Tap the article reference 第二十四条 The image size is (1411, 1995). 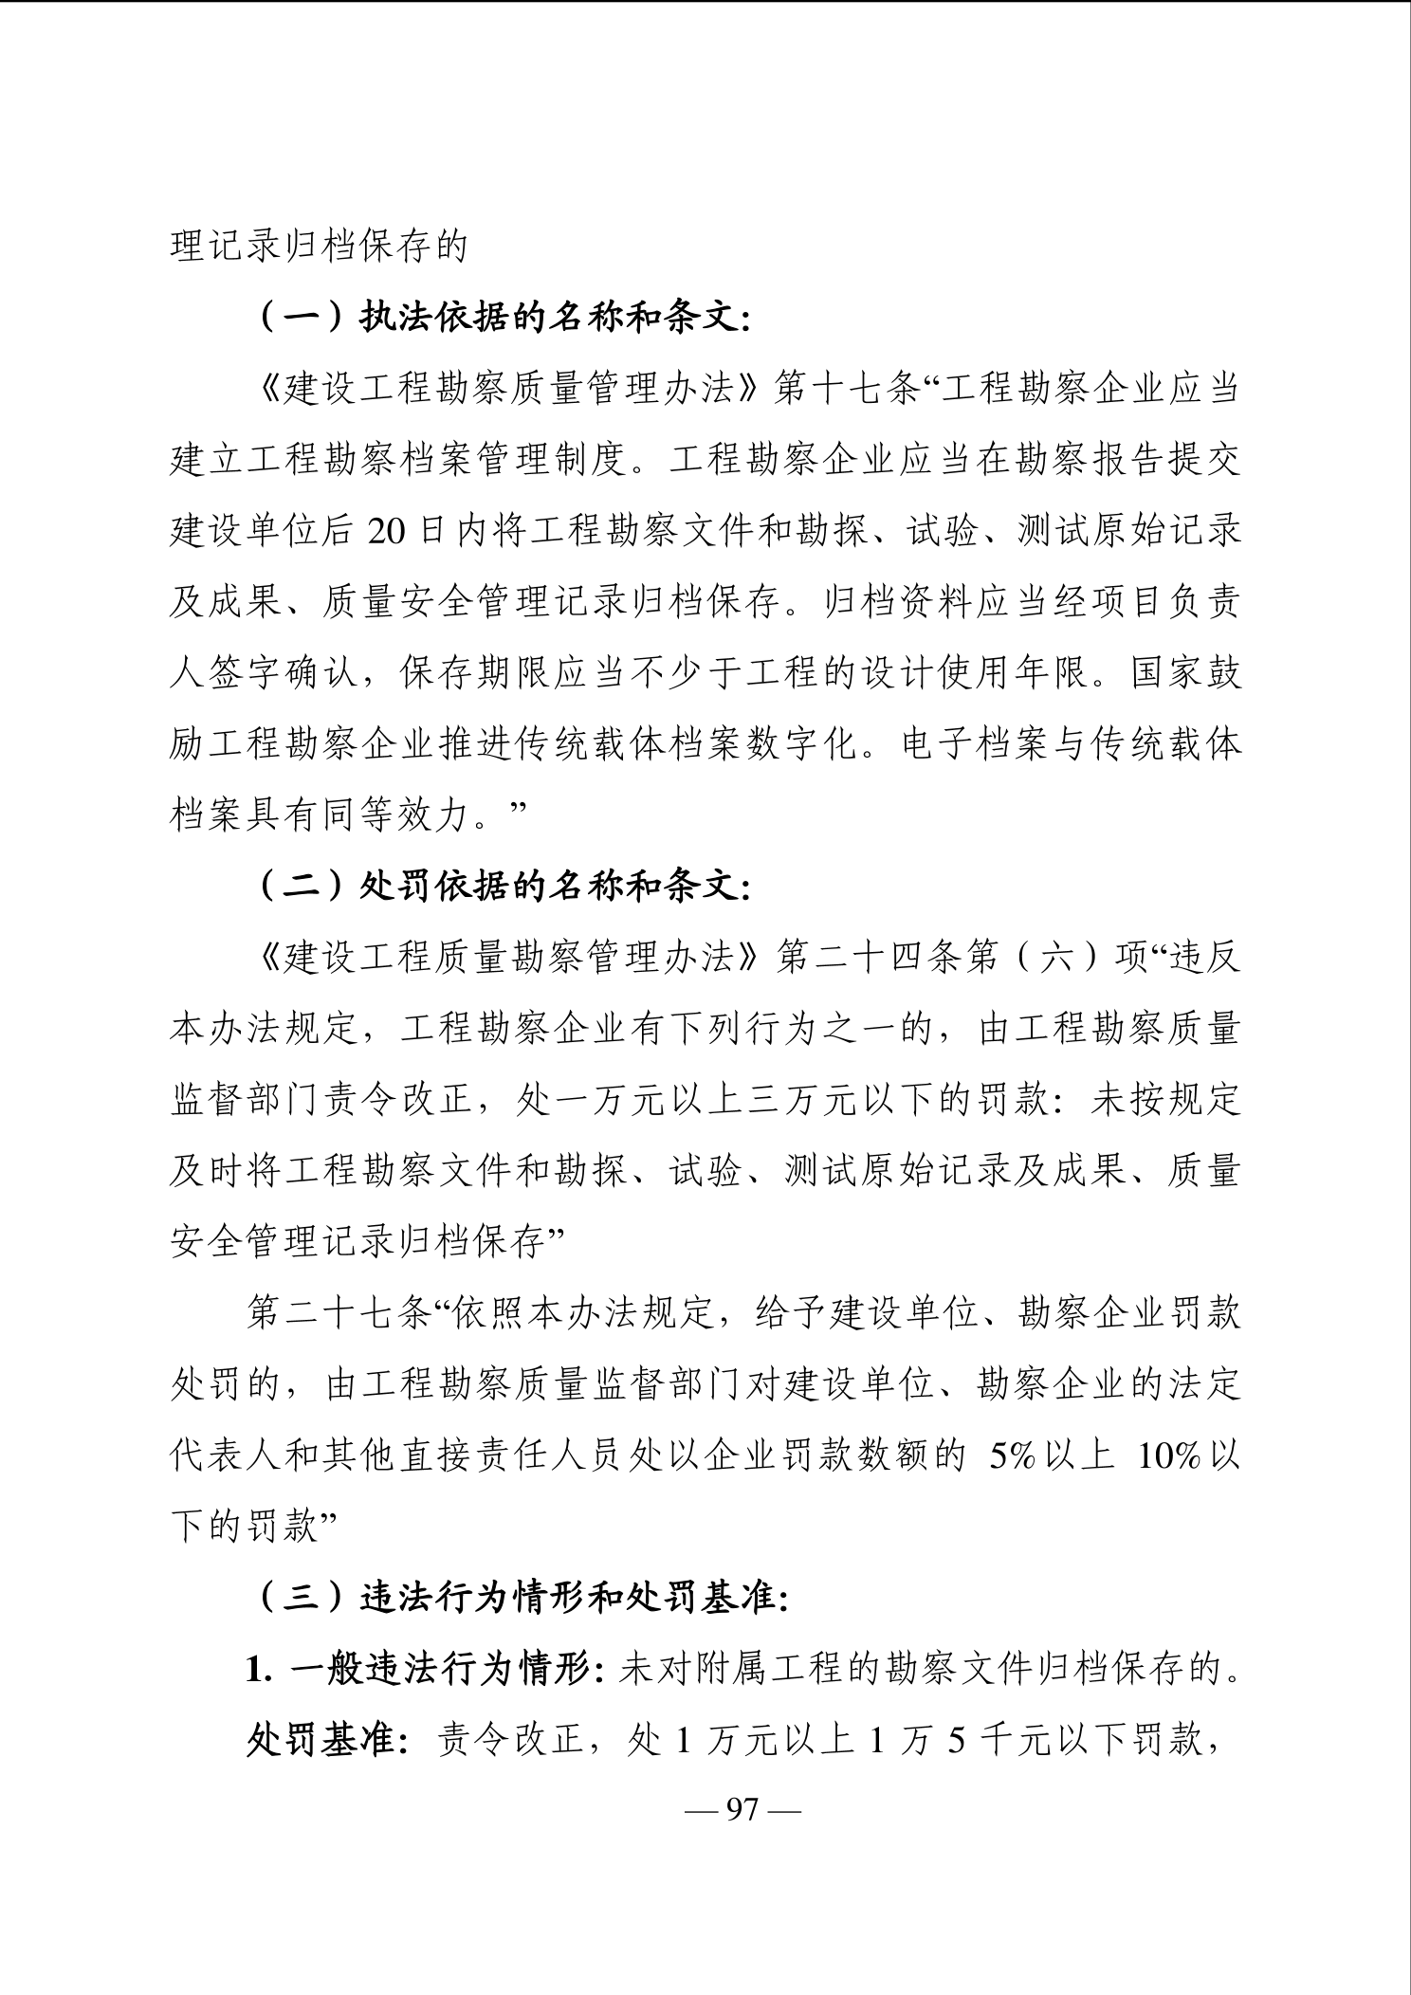pos(867,958)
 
